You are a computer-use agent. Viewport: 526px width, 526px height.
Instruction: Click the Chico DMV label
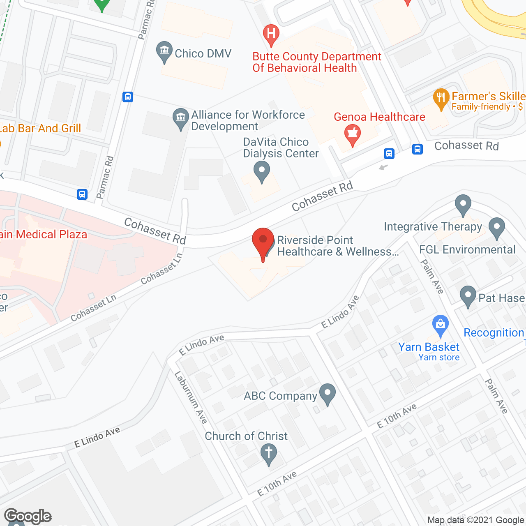coord(203,54)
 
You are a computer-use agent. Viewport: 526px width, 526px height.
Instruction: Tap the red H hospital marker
coord(271,33)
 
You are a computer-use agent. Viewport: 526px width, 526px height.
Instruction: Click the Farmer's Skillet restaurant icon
coord(441,98)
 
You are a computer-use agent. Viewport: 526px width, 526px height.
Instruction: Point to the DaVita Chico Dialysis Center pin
coord(261,171)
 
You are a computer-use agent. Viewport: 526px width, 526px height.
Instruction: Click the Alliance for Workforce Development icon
coord(180,118)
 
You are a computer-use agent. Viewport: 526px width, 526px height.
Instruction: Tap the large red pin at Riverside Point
coord(263,242)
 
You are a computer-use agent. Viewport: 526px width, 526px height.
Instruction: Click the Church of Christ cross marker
coord(269,454)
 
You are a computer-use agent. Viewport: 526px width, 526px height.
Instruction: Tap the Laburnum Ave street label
coord(191,397)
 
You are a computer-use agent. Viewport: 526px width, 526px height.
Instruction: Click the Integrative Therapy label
coord(433,227)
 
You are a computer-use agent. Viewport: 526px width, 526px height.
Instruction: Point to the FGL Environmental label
coord(467,250)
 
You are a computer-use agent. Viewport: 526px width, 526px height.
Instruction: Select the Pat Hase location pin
coord(468,296)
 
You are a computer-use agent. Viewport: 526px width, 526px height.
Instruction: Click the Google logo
coord(28,516)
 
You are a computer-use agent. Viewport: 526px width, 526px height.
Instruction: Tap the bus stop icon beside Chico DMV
coord(128,97)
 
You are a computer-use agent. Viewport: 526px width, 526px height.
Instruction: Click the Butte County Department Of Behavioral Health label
coord(317,62)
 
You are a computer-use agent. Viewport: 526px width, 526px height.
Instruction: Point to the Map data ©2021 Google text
coord(475,520)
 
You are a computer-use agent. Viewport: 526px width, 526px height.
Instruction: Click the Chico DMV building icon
coord(164,52)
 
